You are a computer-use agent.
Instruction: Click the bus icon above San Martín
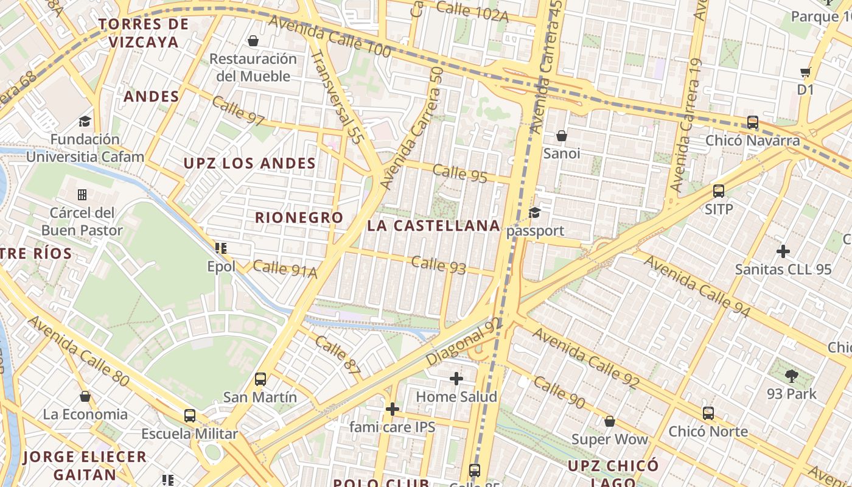[x=260, y=379]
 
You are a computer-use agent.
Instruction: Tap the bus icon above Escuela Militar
[x=190, y=416]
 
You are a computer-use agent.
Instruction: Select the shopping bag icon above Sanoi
[x=562, y=135]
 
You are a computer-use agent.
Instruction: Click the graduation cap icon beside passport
[x=534, y=212]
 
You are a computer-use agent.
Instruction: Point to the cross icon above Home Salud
[x=456, y=379]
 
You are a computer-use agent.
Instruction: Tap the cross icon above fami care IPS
[x=393, y=408]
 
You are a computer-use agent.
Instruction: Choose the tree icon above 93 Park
[x=792, y=376]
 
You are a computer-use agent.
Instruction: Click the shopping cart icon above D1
[x=806, y=72]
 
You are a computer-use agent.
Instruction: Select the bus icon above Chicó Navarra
[x=753, y=122]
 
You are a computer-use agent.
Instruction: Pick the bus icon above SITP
[x=719, y=191]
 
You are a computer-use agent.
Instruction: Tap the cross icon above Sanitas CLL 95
[x=783, y=251]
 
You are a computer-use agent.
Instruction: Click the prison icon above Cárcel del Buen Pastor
[x=82, y=195]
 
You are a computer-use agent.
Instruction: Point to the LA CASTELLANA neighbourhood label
[x=433, y=226]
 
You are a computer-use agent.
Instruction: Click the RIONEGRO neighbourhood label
[x=299, y=217]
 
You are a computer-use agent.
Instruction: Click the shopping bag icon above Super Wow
[x=610, y=421]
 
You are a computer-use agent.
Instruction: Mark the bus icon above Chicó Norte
[x=708, y=413]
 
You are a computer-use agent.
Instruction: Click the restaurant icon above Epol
[x=221, y=248]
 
